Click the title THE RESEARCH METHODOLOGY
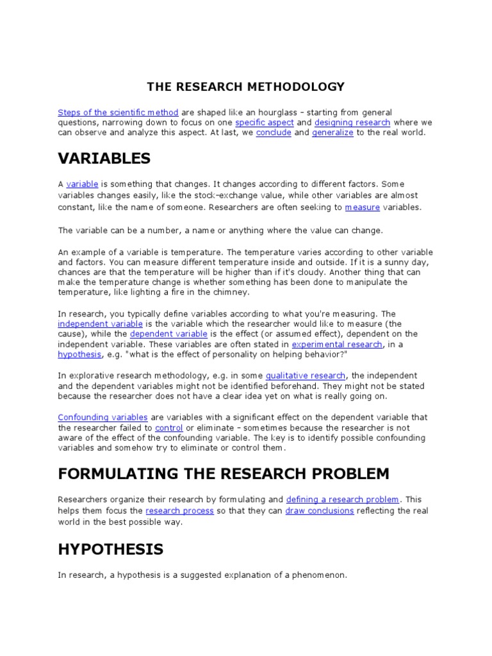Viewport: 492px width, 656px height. click(x=246, y=86)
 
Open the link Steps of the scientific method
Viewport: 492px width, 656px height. click(x=118, y=112)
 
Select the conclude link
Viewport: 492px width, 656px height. click(x=274, y=133)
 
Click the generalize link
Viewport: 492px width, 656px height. click(x=332, y=133)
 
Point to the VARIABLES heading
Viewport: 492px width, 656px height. click(x=104, y=158)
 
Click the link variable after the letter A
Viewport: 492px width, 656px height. click(x=82, y=184)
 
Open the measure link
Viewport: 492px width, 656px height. click(x=362, y=207)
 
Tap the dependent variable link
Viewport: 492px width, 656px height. click(x=168, y=334)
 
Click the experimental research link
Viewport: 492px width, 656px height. click(x=346, y=344)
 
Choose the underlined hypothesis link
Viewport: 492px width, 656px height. click(x=79, y=354)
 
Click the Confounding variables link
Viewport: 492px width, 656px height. click(x=102, y=418)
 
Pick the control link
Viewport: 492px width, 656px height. click(x=169, y=428)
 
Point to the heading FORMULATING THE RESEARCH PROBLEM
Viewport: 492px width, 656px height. click(x=224, y=474)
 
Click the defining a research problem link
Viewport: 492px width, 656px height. click(x=342, y=500)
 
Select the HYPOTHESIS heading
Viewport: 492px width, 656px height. click(x=110, y=549)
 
